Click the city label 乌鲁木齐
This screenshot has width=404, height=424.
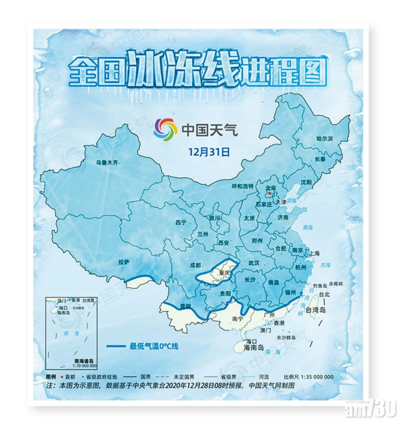[107, 163]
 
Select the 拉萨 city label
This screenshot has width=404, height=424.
[124, 262]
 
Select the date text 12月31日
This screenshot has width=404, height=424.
[209, 152]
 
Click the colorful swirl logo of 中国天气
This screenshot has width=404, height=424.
[165, 130]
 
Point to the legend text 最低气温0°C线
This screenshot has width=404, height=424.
[154, 346]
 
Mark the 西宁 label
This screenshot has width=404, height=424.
[181, 223]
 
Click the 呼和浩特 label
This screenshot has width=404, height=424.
[242, 186]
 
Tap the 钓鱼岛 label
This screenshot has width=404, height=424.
[320, 286]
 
